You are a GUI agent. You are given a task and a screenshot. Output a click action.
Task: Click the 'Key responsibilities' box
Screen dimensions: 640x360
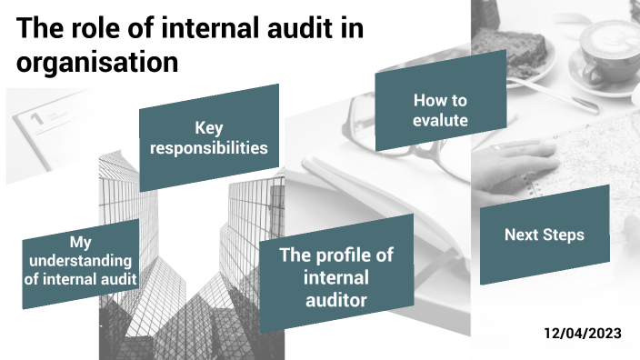(209, 137)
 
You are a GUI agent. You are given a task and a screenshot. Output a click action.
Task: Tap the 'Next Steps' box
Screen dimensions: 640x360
(544, 235)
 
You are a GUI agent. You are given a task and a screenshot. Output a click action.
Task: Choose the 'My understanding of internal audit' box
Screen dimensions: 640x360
(81, 262)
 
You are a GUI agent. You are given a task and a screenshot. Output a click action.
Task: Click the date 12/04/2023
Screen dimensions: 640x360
(583, 334)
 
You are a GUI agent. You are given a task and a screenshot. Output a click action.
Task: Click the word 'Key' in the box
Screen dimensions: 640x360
(209, 127)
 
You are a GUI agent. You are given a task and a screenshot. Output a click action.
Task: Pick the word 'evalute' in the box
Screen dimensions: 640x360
(440, 119)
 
